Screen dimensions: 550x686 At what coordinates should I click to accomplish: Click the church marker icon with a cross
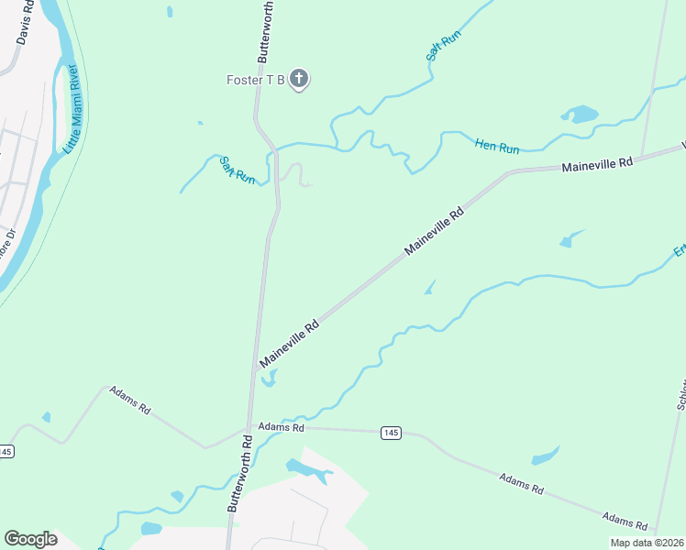click(x=298, y=80)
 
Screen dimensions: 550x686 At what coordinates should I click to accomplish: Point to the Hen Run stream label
click(x=497, y=145)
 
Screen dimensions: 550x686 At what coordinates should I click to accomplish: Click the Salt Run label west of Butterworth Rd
click(x=237, y=170)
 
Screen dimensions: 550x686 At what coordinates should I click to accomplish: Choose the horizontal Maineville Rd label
click(x=597, y=165)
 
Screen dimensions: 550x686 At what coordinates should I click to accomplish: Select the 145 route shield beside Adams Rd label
click(x=391, y=432)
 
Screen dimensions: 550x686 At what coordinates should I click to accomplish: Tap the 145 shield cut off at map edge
click(x=6, y=451)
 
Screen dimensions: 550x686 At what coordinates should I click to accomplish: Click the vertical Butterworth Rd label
click(x=241, y=474)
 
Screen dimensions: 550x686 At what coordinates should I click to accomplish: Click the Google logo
click(x=30, y=538)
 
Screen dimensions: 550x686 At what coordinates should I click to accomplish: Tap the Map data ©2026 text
click(x=647, y=543)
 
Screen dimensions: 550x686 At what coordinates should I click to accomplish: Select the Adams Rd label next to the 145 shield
click(x=281, y=427)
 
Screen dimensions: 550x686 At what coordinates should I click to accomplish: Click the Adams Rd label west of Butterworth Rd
click(x=129, y=401)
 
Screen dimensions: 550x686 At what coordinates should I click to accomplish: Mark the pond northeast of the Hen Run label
click(x=580, y=115)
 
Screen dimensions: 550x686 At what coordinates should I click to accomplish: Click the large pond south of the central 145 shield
click(x=307, y=469)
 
